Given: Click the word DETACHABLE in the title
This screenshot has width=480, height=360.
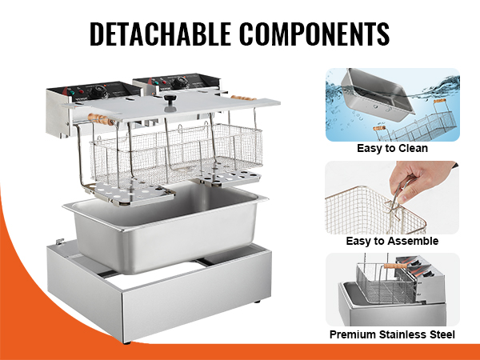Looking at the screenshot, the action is coord(160,34).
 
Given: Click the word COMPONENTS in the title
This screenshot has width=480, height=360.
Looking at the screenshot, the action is coord(314,34).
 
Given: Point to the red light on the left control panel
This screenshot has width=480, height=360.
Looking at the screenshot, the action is coord(81,91).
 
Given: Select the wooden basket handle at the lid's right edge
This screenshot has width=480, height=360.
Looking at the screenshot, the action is coord(244,98).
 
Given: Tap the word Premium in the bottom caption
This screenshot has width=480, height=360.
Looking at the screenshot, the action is coord(353,334).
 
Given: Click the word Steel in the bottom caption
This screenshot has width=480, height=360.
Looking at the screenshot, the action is coord(442,334).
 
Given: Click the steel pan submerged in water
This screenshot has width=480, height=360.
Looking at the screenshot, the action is coord(378,94).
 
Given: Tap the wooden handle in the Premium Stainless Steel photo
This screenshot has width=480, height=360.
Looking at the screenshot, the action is coord(395,266).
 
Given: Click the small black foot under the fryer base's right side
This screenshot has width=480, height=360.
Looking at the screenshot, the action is coord(258,302).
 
